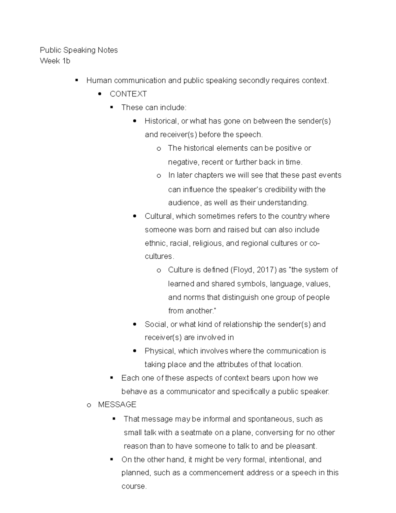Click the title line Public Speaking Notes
[x=79, y=50]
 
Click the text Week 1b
[x=55, y=61]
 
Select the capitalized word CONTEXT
[x=128, y=94]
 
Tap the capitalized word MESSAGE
[x=117, y=405]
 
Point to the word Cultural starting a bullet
[x=159, y=216]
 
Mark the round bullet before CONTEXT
[x=100, y=94]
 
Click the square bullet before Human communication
[x=77, y=80]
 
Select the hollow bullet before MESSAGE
[x=88, y=405]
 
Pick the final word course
[x=133, y=487]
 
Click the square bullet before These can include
[x=112, y=107]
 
